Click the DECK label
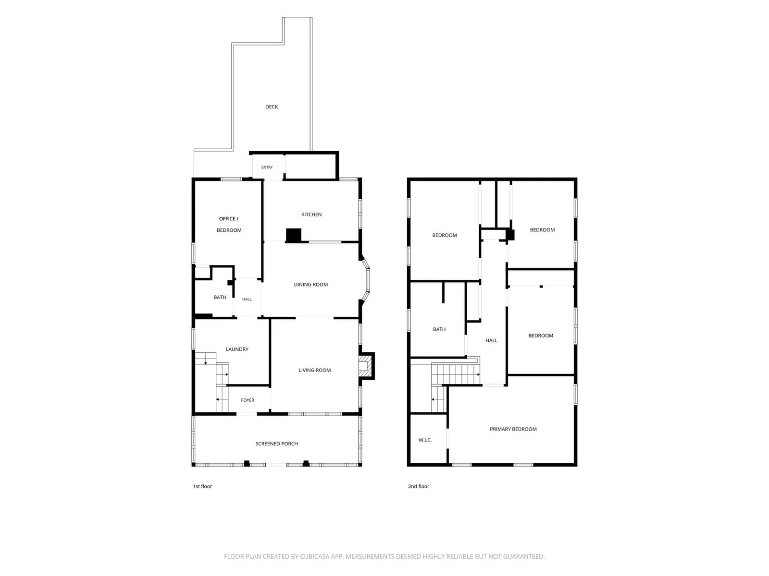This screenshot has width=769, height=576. (272, 107)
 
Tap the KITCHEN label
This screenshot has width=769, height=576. (311, 215)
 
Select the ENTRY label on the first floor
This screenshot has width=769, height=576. (267, 167)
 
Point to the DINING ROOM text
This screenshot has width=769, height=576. (311, 284)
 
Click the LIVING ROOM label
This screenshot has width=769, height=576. (315, 370)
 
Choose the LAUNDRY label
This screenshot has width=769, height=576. (237, 349)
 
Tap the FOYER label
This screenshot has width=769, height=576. (248, 400)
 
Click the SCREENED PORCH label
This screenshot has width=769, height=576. (276, 444)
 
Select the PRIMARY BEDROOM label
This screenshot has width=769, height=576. (513, 429)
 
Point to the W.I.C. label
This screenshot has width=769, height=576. (425, 440)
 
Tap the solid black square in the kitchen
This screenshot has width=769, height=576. (294, 235)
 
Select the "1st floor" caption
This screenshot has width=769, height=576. (202, 486)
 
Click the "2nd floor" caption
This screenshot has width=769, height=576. (418, 486)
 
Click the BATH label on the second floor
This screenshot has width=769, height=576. (439, 329)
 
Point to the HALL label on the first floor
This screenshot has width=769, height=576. (247, 299)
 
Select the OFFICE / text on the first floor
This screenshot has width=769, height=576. (228, 218)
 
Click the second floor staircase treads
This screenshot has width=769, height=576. (455, 374)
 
